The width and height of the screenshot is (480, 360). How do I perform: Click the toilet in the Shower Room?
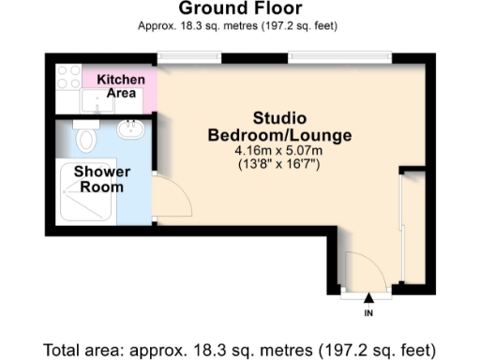87,139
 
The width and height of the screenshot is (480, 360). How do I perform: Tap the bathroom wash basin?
129,128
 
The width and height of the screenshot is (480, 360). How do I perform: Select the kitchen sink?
98,97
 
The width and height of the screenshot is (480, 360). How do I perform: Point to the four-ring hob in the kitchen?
68,78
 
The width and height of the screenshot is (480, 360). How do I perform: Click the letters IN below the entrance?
368,311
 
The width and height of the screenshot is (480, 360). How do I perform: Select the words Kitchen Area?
122,85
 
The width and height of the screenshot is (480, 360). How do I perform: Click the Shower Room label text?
101,178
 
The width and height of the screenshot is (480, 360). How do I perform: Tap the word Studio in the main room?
279,119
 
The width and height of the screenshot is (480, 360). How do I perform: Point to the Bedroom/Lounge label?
279,135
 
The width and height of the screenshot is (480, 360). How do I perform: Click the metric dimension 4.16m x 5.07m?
279,151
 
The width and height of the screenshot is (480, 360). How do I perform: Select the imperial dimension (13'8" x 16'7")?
279,165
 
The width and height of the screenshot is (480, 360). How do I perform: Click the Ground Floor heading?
240,10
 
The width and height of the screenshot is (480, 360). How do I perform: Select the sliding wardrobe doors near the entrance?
402,230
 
